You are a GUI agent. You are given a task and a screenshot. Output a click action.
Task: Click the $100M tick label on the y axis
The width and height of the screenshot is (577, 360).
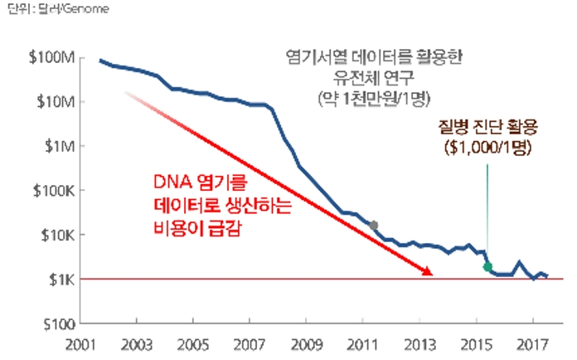pos(55,57)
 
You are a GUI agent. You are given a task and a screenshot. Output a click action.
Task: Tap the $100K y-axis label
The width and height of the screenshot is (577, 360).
pos(56,191)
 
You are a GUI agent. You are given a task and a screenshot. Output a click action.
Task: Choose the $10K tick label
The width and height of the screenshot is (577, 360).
pos(59,235)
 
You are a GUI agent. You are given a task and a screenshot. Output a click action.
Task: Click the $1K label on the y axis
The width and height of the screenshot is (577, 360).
pos(63,279)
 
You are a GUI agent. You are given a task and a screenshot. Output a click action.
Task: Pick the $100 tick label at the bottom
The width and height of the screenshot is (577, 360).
pos(60,323)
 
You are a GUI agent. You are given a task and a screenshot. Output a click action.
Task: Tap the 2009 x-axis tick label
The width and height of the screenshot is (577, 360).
pos(306,343)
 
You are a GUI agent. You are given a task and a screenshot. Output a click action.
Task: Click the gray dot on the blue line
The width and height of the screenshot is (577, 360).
pos(374,225)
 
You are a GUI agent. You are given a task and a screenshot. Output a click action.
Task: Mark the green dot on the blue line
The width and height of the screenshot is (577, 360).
pos(488,266)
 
